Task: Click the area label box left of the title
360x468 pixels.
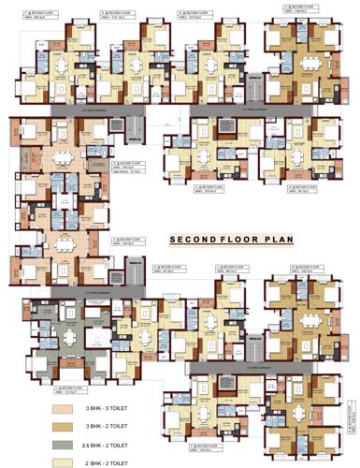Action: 128,241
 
